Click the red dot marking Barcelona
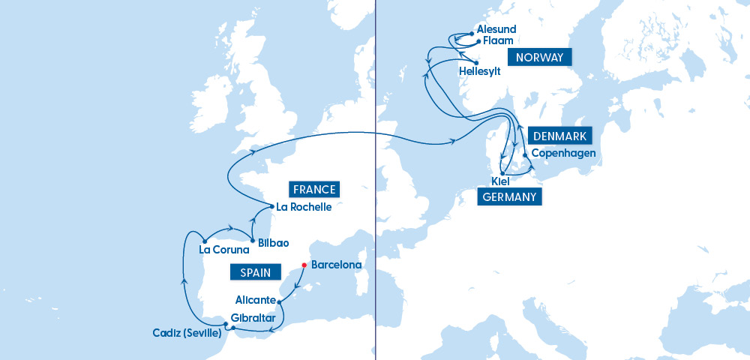pyautogui.click(x=304, y=265)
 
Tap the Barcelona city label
pyautogui.click(x=336, y=265)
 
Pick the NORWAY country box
pyautogui.click(x=540, y=57)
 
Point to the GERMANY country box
pyautogui.click(x=510, y=197)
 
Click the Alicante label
pyautogui.click(x=256, y=300)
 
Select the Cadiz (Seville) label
pyautogui.click(x=187, y=333)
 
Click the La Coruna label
pyautogui.click(x=224, y=250)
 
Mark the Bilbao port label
pyautogui.click(x=273, y=244)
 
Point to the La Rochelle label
pyautogui.click(x=304, y=207)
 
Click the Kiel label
pyautogui.click(x=500, y=182)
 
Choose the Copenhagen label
pyautogui.click(x=563, y=154)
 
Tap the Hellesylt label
pyautogui.click(x=479, y=71)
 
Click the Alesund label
pyautogui.click(x=496, y=28)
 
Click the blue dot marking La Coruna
pyautogui.click(x=204, y=241)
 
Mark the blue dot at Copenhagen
pyautogui.click(x=524, y=155)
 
